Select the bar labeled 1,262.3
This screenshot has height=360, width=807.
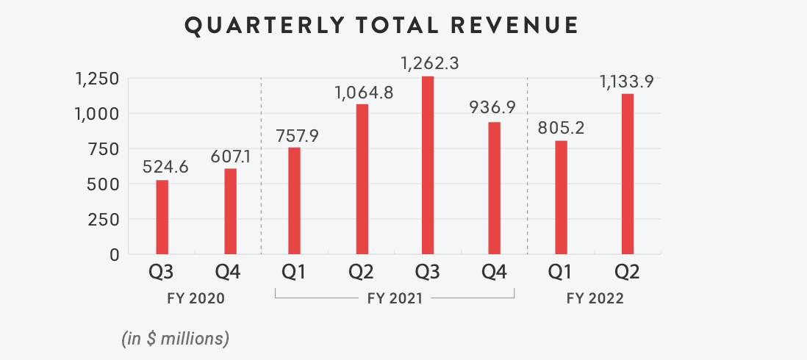pyautogui.click(x=428, y=165)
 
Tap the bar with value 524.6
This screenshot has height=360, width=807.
pyautogui.click(x=162, y=217)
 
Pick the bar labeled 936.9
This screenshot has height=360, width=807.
pyautogui.click(x=494, y=188)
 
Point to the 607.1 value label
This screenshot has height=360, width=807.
pyautogui.click(x=231, y=159)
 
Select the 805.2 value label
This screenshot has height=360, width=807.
pyautogui.click(x=561, y=130)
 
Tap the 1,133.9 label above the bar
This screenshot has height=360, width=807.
pyautogui.click(x=627, y=82)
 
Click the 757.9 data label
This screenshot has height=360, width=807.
pyautogui.click(x=294, y=137)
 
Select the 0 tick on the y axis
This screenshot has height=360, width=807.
pyautogui.click(x=114, y=255)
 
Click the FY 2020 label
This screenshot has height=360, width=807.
pyautogui.click(x=195, y=299)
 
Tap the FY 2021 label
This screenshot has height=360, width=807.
pyautogui.click(x=394, y=299)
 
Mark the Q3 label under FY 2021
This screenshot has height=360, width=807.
pyautogui.click(x=427, y=273)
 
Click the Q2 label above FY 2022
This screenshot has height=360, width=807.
pyautogui.click(x=627, y=273)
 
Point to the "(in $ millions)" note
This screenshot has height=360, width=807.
pyautogui.click(x=175, y=339)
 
